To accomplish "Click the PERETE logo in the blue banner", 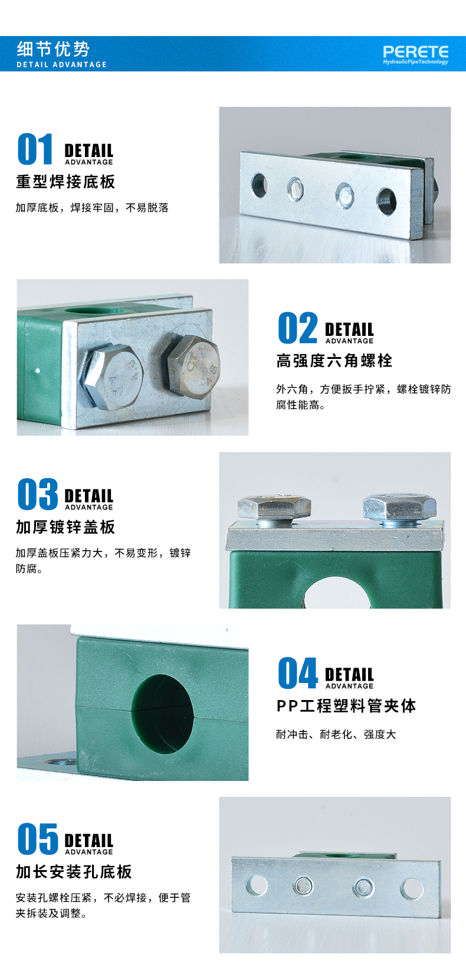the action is click(x=415, y=54).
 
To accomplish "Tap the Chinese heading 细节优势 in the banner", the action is click(x=53, y=49).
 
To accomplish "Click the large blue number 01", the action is click(x=35, y=149).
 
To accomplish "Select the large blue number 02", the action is click(x=298, y=328).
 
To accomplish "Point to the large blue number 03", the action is click(x=38, y=494).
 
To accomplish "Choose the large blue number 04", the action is click(x=298, y=673).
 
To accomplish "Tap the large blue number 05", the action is click(x=38, y=839).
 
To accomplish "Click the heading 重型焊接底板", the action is click(x=65, y=182).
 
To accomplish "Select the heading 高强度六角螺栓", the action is click(x=334, y=361).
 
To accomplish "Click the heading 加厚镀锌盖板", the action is click(x=65, y=527).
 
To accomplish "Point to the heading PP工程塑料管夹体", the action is click(x=346, y=706).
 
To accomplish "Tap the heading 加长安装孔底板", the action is click(x=74, y=872).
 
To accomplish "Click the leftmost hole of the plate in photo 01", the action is click(x=259, y=185).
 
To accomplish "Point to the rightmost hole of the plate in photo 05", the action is click(x=412, y=888).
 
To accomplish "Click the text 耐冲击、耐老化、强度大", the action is click(x=336, y=734).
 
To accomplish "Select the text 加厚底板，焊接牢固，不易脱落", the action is click(x=92, y=208).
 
